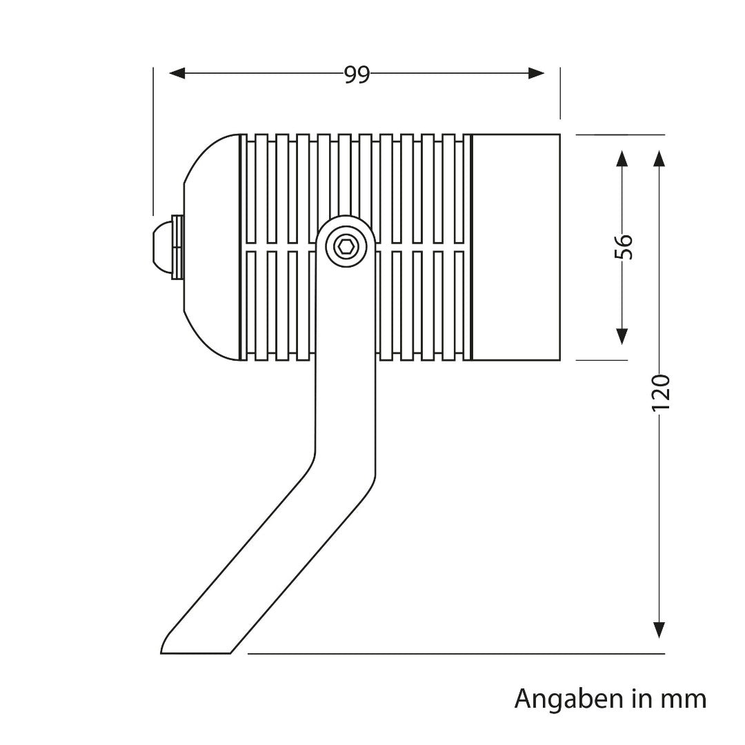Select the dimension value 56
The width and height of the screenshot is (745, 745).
click(x=622, y=247)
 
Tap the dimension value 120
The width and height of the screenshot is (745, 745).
click(x=660, y=393)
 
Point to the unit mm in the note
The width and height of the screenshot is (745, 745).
click(x=683, y=699)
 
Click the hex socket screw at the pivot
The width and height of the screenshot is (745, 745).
click(x=346, y=246)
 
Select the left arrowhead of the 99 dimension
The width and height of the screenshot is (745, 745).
click(x=177, y=73)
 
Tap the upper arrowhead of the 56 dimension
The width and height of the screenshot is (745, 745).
click(x=622, y=159)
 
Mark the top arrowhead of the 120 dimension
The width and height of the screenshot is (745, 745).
click(x=660, y=159)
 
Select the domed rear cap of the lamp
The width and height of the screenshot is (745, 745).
click(x=211, y=247)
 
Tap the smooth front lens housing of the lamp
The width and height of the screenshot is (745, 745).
click(x=515, y=247)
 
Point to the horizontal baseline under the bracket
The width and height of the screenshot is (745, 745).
click(x=455, y=653)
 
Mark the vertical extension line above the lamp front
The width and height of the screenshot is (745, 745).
click(x=560, y=93)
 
